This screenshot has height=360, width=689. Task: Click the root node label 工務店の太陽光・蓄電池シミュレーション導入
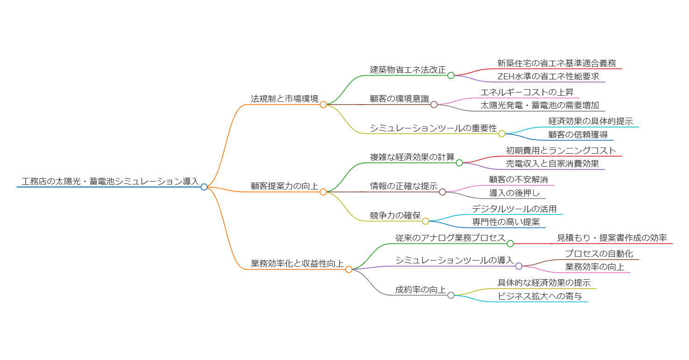tap(110, 181)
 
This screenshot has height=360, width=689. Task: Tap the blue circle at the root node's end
tap(204, 187)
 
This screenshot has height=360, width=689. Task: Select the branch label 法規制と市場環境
tap(284, 99)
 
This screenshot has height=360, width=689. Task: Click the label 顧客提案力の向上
tap(284, 186)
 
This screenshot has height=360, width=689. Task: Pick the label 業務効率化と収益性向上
tap(297, 263)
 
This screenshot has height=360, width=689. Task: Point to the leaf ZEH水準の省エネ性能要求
tap(548, 77)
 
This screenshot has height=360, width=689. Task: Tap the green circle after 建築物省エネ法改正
tap(451, 75)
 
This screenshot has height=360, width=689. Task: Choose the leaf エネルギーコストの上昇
tap(527, 92)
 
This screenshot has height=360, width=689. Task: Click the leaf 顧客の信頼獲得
tap(578, 134)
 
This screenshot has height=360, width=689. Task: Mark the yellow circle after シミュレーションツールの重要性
tap(502, 134)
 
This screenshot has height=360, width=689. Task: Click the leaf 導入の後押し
tap(514, 193)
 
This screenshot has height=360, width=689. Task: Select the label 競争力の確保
tap(395, 215)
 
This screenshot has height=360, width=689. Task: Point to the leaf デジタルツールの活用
tap(514, 209)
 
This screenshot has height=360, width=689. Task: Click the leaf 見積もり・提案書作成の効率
tap(612, 238)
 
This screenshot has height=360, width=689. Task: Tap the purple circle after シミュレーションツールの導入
tap(519, 266)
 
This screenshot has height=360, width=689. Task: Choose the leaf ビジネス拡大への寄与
tap(540, 296)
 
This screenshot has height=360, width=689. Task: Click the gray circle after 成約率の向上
tap(451, 295)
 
